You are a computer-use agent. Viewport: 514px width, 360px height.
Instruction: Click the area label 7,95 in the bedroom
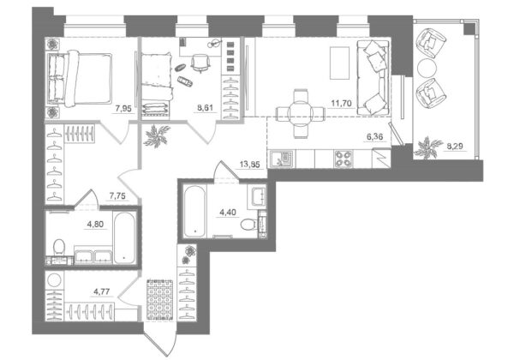123,108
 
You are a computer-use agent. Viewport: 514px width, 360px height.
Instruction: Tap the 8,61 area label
203,108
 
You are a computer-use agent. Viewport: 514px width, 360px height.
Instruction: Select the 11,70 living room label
341,103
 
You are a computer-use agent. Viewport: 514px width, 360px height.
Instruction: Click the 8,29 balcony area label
456,146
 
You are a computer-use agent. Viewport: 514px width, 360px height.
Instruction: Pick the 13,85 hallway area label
250,164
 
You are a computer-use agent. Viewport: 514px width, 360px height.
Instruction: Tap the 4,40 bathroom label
228,212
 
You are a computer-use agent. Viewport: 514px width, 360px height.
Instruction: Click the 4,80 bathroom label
95,225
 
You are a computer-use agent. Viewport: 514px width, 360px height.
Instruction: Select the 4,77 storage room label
102,291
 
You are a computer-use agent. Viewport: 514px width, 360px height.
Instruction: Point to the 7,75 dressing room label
117,196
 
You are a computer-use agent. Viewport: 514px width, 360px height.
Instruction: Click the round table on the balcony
427,69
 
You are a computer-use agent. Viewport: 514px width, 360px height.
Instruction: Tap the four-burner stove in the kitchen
343,159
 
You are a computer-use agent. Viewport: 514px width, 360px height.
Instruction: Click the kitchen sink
282,159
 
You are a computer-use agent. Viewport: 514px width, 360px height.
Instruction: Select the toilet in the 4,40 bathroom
248,225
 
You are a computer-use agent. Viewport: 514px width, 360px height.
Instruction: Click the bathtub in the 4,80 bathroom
124,237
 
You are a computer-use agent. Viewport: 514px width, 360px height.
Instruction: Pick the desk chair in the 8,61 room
200,62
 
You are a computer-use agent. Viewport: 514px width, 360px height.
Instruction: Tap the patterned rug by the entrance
159,299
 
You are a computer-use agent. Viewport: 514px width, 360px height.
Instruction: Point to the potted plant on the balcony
427,147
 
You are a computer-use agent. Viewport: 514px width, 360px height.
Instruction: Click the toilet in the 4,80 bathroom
59,247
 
